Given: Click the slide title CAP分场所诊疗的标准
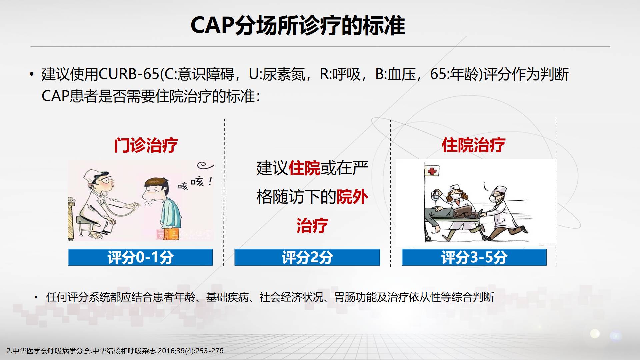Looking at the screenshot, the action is (298, 25).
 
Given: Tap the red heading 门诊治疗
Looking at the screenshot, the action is (146, 145).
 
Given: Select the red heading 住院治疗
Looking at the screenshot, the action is (473, 145).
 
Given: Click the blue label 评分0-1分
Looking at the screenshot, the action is (140, 257).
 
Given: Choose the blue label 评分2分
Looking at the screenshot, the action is (307, 257).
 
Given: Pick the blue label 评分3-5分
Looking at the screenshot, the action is (474, 257).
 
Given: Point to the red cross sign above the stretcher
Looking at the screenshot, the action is (432, 171).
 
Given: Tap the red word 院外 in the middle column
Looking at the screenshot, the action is (352, 197).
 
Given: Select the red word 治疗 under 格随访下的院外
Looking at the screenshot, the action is (312, 226).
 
